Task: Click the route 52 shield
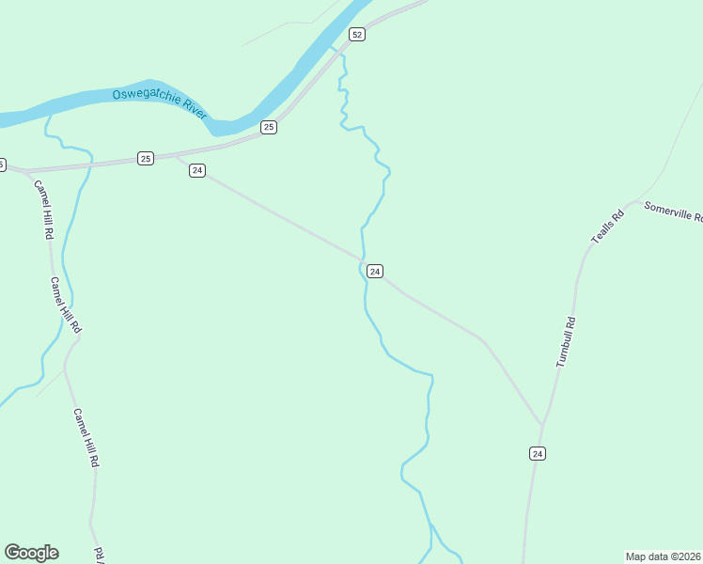356,35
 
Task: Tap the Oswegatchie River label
159,102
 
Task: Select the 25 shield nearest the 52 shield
269,127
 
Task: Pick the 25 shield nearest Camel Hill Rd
145,158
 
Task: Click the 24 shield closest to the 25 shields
196,170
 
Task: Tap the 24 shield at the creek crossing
375,271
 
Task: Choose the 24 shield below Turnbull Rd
537,453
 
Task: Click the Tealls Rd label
607,227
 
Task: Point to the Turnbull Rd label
565,341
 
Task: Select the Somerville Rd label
673,211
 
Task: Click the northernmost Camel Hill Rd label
43,209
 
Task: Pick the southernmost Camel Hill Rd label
86,438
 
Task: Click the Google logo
31,553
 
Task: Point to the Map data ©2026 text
664,556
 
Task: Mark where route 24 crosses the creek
362,259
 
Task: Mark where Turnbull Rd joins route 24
542,425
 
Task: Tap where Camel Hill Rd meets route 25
28,171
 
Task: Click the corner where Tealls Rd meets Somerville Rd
635,200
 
